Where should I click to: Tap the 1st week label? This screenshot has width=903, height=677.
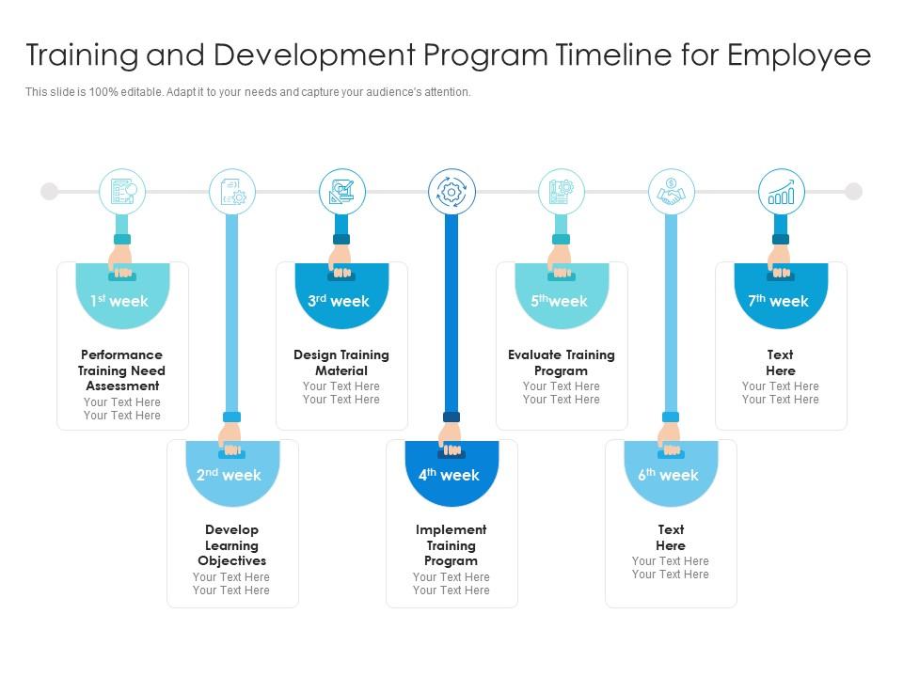pos(121,301)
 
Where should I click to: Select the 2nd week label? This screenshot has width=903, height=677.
pos(231,475)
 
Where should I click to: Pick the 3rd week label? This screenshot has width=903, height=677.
pos(341,301)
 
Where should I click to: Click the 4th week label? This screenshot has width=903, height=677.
pos(451,475)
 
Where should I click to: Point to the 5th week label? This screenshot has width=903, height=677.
pos(561,301)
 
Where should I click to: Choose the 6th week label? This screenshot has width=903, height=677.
pos(670,475)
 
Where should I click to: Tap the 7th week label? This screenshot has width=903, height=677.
pos(780,301)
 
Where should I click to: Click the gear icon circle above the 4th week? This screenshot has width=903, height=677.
pos(451,192)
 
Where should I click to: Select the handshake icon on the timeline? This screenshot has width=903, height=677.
pos(671,192)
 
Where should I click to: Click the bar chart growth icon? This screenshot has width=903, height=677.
pos(781,192)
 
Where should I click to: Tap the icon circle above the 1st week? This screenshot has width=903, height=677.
pos(122,192)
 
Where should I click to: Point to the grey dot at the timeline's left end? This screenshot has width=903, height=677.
pos(49,192)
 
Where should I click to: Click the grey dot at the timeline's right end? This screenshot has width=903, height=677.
pos(853,192)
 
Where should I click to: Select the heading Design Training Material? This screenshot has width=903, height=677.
pos(341,362)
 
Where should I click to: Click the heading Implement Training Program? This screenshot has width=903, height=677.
pos(451,545)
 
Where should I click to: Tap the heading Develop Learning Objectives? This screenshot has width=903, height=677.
pos(231,545)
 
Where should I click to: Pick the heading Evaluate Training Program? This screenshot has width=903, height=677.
pos(561,362)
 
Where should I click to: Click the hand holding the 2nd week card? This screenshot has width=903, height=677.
pos(230,437)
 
